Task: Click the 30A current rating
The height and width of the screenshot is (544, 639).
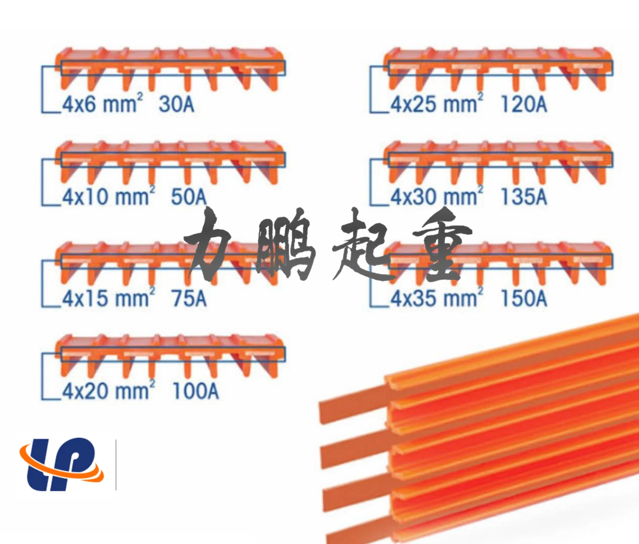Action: coord(176,104)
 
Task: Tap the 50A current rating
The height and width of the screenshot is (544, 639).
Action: coord(189,197)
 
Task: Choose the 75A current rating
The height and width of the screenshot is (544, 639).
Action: coord(189,298)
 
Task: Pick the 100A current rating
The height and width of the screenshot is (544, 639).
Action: coord(196,391)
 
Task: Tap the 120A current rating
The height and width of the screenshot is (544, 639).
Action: coord(524,104)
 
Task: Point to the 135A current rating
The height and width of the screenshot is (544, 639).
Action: coord(524,197)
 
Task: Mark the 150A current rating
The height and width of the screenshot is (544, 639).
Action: coord(524,298)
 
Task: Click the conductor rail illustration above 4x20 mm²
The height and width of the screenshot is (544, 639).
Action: coord(169,354)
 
